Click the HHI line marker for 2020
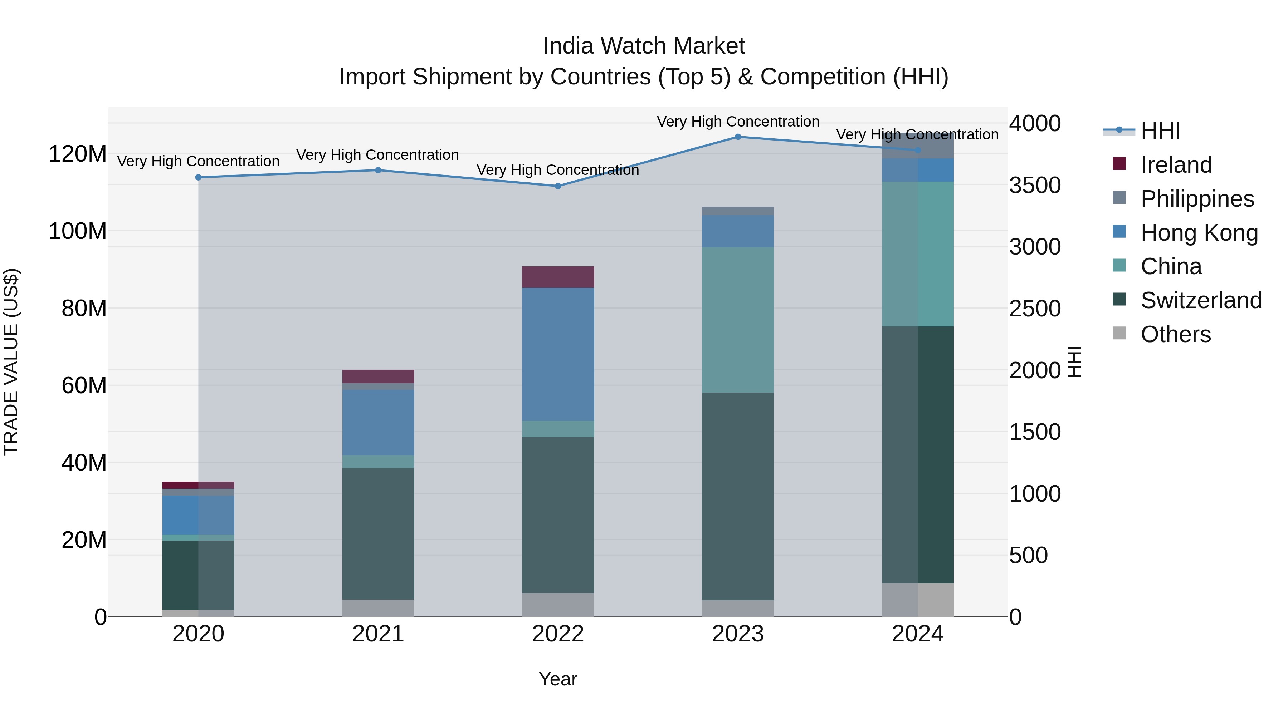coord(199,177)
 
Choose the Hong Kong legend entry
coord(1199,233)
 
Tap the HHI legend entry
coord(1160,131)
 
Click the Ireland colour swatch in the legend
coord(1119,164)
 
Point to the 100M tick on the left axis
coord(78,231)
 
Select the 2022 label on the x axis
coord(558,634)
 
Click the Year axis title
coord(558,679)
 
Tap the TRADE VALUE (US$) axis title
coord(11,362)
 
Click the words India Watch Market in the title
coord(644,46)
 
